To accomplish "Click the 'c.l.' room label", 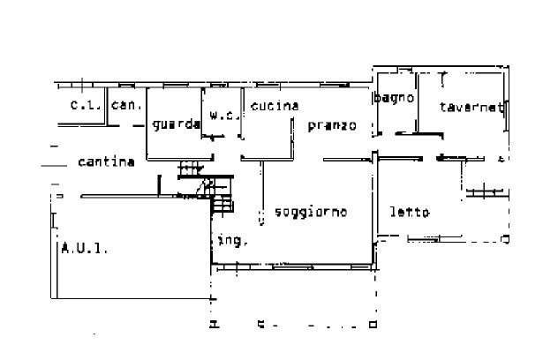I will coord(86,106).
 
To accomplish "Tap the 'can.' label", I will coord(126,106).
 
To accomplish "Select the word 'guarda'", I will coord(176,124).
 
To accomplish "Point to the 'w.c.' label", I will coord(222,114).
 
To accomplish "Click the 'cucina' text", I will coord(274,106).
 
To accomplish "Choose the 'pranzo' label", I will coord(332,125).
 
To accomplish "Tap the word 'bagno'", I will coord(395,98).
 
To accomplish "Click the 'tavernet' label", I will coord(471,108).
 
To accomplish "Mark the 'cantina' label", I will coord(106,161).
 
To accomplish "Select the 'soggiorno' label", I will coord(310,212).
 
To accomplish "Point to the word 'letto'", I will coord(410,213).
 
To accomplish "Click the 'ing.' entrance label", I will coord(232,240).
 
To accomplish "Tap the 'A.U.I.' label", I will coord(85,249).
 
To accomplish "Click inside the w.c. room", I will coord(222,129).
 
